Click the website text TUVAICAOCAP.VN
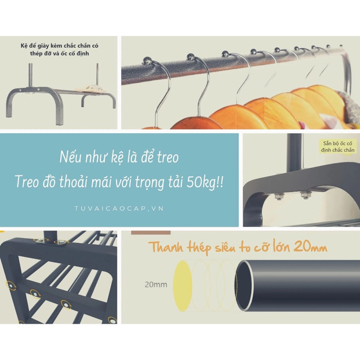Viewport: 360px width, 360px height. point(119,208)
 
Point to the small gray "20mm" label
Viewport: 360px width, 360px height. point(156,285)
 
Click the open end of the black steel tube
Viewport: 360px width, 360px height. point(244,286)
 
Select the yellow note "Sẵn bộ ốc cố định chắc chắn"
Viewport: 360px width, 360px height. point(337,147)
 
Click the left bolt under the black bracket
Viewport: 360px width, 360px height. point(279,196)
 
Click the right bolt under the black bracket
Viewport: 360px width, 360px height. point(305,195)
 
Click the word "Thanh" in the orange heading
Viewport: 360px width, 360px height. point(166,247)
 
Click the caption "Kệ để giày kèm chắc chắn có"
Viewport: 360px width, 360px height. point(59,46)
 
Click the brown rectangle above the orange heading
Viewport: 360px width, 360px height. point(151,233)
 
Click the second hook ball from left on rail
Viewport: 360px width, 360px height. point(191,57)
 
